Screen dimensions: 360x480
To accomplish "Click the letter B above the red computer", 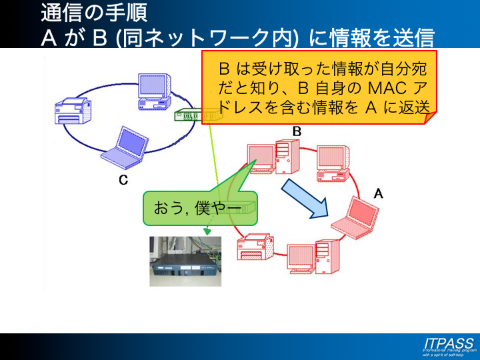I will coord(297,132).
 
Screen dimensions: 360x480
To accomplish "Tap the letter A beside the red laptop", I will coord(379,193).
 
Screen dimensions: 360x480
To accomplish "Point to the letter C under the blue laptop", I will coord(123,180).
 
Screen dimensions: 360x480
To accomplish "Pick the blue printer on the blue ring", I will coord(73,111).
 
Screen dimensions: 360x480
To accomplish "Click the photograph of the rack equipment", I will coord(185,261).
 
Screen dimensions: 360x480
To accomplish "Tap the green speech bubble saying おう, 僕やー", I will coord(200,208).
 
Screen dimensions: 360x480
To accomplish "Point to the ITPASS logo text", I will coord(449,343).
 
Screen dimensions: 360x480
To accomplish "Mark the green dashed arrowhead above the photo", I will coord(207,231).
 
